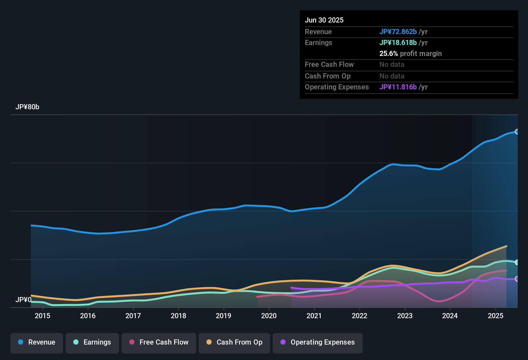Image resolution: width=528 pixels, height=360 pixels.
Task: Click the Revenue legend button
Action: (x=37, y=342)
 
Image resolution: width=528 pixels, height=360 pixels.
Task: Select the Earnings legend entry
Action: (x=92, y=342)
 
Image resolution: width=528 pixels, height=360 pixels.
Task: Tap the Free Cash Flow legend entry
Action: (x=159, y=342)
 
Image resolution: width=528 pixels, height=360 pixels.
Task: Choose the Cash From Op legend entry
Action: (x=234, y=342)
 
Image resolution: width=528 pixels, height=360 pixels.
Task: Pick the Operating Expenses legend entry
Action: (x=318, y=342)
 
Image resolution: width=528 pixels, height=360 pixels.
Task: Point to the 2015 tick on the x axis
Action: (x=42, y=316)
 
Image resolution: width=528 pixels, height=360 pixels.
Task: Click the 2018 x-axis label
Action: (x=178, y=316)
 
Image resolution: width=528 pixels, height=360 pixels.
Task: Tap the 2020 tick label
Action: (x=269, y=316)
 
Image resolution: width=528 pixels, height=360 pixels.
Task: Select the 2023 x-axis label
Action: (x=405, y=316)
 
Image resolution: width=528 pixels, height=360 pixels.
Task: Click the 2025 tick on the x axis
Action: (x=496, y=316)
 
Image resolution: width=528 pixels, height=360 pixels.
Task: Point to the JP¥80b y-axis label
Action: (x=27, y=107)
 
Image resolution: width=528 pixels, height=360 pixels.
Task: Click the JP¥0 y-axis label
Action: (x=23, y=300)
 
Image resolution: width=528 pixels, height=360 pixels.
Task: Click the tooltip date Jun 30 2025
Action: (x=324, y=20)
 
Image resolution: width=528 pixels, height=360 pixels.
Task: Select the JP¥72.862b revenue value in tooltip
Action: (x=398, y=32)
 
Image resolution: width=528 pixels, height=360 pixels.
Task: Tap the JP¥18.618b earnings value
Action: (x=398, y=43)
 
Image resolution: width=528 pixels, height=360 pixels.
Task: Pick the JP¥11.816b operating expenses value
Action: (x=398, y=87)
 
